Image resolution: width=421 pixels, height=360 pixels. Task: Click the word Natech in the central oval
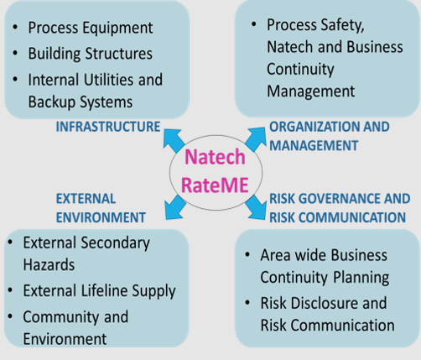[215, 157]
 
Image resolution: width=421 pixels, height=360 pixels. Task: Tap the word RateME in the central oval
[215, 185]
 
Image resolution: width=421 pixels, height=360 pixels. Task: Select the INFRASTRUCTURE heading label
[108, 127]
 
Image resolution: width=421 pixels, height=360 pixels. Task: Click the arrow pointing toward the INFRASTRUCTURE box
[174, 140]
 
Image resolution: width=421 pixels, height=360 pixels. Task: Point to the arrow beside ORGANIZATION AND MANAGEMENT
[255, 139]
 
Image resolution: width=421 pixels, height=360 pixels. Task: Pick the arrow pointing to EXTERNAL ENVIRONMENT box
[175, 207]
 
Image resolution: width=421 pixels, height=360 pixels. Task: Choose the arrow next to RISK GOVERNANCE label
[256, 207]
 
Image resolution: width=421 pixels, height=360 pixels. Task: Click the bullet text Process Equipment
[91, 28]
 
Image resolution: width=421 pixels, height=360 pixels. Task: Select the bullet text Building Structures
[91, 54]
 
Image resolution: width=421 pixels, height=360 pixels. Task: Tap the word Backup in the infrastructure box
[52, 102]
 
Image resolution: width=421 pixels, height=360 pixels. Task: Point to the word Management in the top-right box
[310, 91]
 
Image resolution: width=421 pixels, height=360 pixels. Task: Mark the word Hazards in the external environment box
[49, 264]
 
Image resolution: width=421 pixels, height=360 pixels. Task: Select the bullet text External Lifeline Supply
[99, 291]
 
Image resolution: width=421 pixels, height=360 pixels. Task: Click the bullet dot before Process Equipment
[15, 28]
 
